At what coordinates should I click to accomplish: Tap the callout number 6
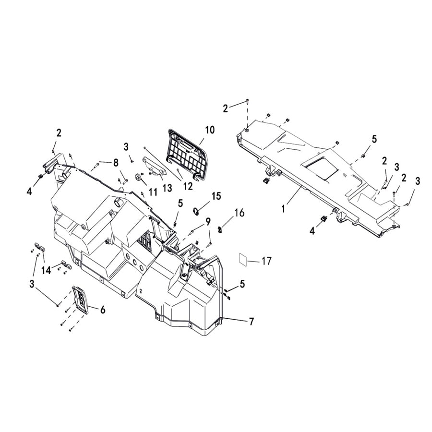(x=102, y=310)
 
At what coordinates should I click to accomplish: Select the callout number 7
(x=251, y=322)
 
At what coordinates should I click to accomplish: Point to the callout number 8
(x=116, y=163)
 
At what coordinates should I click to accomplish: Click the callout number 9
(x=208, y=221)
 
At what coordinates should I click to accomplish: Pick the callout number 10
(x=210, y=130)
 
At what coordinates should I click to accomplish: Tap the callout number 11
(x=153, y=192)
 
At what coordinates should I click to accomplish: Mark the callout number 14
(x=46, y=271)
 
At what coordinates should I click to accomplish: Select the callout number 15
(x=216, y=196)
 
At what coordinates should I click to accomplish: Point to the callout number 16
(x=240, y=213)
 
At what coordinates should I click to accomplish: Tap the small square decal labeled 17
(x=244, y=259)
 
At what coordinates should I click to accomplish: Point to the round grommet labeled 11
(x=140, y=178)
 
